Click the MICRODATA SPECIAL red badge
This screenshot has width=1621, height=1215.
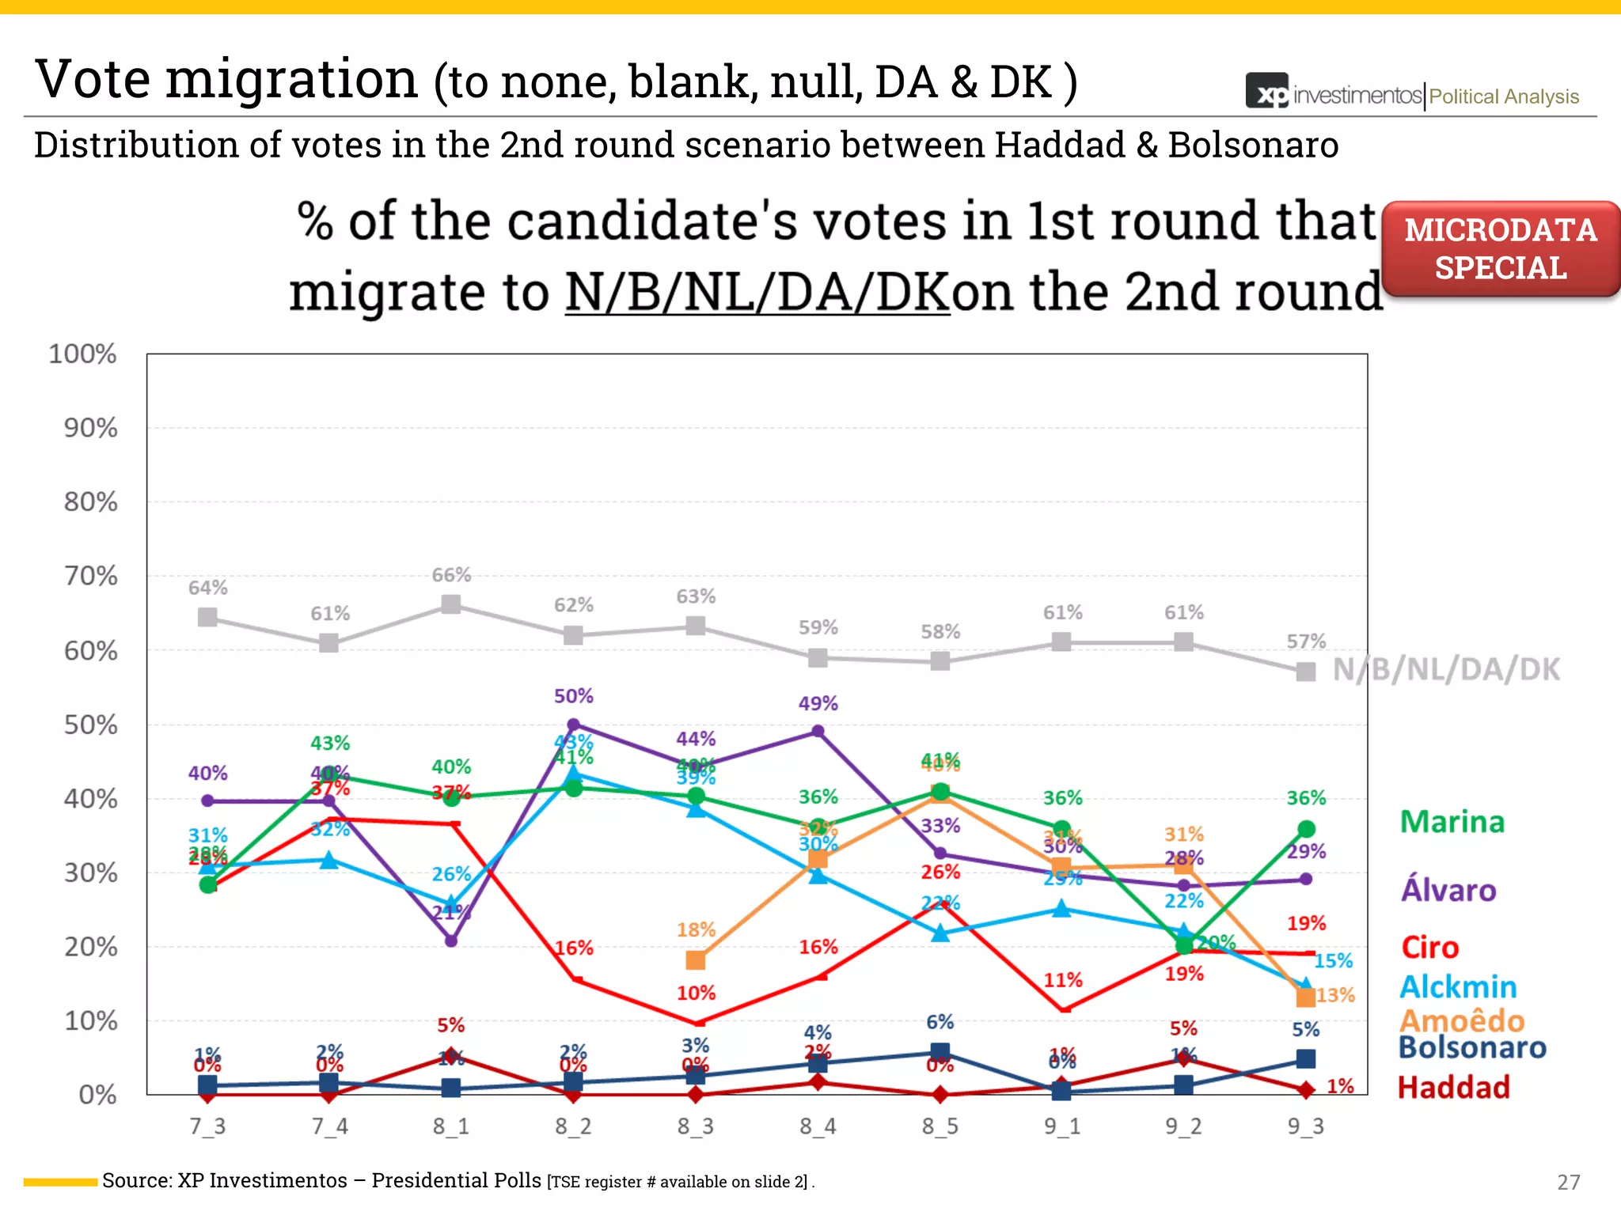[1500, 249]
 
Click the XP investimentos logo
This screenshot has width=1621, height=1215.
[1334, 94]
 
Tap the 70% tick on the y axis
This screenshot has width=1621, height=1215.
[91, 576]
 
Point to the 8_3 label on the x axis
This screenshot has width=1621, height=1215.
[695, 1126]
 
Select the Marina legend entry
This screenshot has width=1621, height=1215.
[1452, 822]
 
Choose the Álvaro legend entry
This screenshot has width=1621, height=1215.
[1448, 890]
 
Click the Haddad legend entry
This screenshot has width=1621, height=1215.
[1453, 1088]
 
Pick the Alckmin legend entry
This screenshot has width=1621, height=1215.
[1458, 987]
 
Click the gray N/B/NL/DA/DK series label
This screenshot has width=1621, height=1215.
[1446, 669]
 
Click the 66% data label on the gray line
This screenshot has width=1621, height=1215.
[451, 575]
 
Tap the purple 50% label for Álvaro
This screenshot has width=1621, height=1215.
[573, 696]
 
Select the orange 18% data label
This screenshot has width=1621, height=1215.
[696, 929]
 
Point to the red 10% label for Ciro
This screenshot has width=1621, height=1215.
[696, 993]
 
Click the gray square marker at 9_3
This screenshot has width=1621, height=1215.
[1306, 672]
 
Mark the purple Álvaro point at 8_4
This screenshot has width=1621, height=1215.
[818, 732]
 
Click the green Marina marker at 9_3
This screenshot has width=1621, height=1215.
[1306, 829]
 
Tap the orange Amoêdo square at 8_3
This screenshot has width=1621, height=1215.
[696, 960]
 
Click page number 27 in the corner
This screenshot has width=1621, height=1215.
[1568, 1182]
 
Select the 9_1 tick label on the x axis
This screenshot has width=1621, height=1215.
[1061, 1126]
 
